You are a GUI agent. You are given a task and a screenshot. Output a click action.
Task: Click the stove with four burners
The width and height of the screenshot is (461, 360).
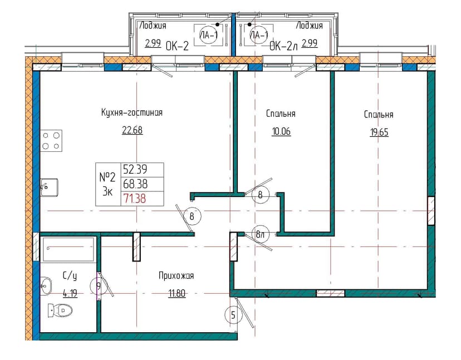point(51,141)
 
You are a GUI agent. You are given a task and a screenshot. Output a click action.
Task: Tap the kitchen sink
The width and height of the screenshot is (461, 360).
point(50,187)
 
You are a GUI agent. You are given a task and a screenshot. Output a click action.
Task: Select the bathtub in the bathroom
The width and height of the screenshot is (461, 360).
point(68,249)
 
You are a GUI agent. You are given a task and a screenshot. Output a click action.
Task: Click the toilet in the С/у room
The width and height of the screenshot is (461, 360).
point(60,310)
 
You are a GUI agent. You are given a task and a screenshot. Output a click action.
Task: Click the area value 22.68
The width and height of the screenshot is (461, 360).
point(133,130)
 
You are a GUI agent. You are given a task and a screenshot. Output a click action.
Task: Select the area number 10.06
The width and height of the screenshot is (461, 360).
point(281,131)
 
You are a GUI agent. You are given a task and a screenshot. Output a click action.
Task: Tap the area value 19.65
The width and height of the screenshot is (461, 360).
point(379,132)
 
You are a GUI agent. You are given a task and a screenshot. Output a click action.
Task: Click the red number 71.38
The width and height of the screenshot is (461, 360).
point(135,199)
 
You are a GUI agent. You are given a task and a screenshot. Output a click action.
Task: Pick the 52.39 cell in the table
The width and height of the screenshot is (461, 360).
point(143,170)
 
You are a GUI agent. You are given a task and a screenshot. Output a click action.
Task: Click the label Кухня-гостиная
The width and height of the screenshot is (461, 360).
point(132,112)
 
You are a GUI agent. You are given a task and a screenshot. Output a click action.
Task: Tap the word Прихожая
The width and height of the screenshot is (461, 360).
point(176,275)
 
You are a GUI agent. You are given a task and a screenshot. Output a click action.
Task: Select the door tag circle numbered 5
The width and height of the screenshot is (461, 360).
point(233,315)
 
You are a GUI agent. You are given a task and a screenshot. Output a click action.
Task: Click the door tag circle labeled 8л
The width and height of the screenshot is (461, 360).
point(261,234)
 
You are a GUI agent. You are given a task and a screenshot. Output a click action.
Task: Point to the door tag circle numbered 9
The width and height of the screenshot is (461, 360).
point(99,286)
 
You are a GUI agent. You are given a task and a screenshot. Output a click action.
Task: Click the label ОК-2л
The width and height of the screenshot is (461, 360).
point(284,46)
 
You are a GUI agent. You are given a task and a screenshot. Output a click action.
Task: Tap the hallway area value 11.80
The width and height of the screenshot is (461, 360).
point(176,293)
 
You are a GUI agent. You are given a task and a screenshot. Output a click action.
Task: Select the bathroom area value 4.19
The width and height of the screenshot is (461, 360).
point(70,293)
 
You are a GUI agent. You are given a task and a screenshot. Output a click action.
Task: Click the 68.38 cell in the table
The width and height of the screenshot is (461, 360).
point(143,184)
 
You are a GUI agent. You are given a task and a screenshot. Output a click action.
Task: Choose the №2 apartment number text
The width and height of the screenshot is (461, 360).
point(108,177)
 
